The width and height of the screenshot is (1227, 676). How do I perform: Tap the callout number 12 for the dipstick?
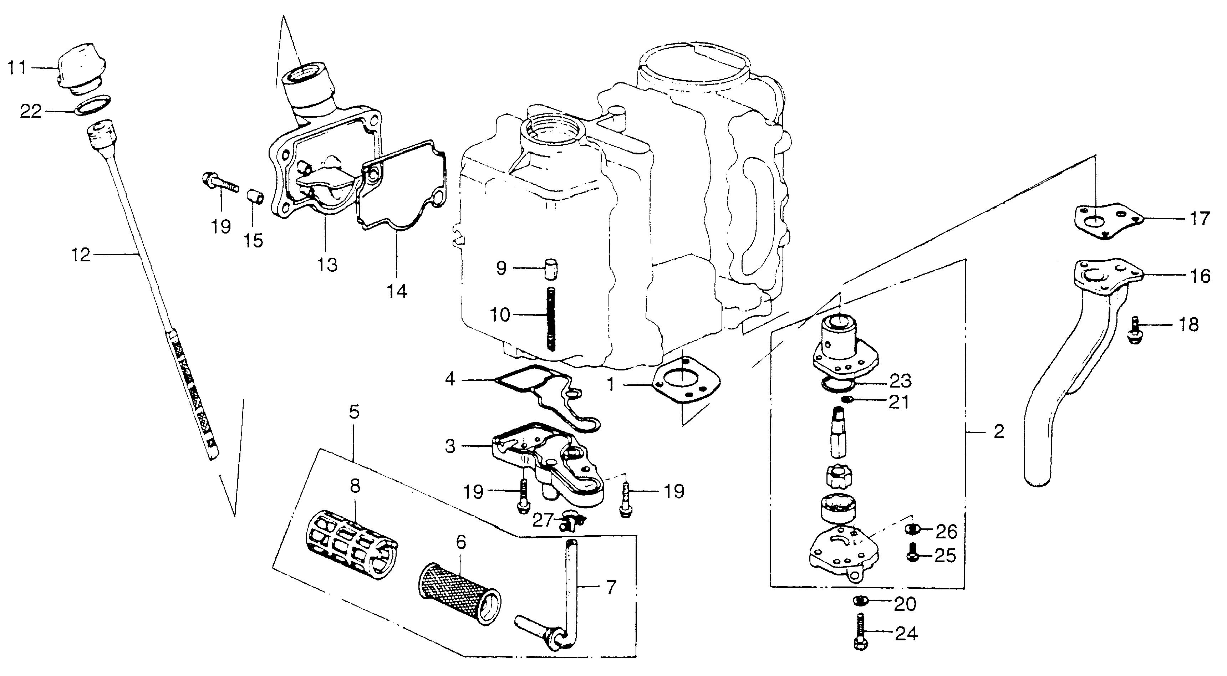81,255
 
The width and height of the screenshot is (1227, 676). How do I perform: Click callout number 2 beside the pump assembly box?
998,431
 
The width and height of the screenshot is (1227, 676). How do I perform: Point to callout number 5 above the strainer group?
354,412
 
